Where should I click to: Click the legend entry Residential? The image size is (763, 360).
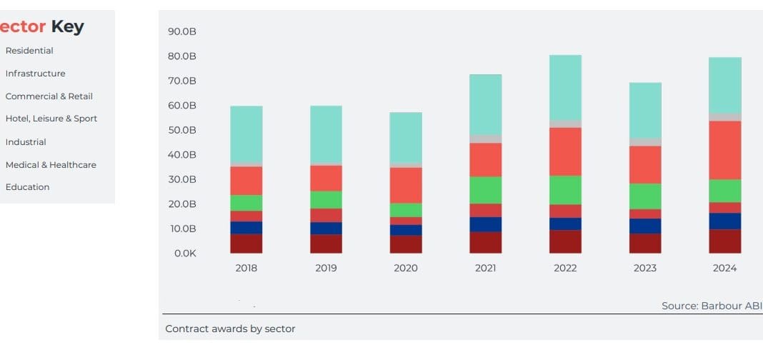pyautogui.click(x=29, y=51)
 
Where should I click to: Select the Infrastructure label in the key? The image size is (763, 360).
pyautogui.click(x=35, y=74)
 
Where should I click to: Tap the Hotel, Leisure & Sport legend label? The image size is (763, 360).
pyautogui.click(x=51, y=119)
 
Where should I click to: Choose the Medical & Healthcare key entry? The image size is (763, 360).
pyautogui.click(x=51, y=165)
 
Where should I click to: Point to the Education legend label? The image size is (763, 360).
pyautogui.click(x=27, y=187)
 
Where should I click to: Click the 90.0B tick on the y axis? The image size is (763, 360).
pyautogui.click(x=182, y=31)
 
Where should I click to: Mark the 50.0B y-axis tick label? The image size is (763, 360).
pyautogui.click(x=182, y=130)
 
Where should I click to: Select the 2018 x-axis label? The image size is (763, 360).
pyautogui.click(x=246, y=269)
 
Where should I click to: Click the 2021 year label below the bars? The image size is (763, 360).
pyautogui.click(x=485, y=269)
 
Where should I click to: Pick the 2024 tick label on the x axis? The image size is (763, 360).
pyautogui.click(x=724, y=269)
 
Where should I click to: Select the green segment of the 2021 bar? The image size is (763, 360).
pyautogui.click(x=485, y=190)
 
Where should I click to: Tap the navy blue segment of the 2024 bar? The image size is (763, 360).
pyautogui.click(x=724, y=221)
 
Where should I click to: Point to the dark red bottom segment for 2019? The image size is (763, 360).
pyautogui.click(x=326, y=244)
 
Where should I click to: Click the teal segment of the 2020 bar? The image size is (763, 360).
pyautogui.click(x=406, y=138)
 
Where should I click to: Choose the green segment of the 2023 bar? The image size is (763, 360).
pyautogui.click(x=645, y=196)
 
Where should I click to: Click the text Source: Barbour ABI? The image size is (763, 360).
pyautogui.click(x=712, y=306)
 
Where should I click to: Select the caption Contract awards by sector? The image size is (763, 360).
pyautogui.click(x=230, y=329)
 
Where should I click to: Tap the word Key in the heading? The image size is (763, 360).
pyautogui.click(x=68, y=27)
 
